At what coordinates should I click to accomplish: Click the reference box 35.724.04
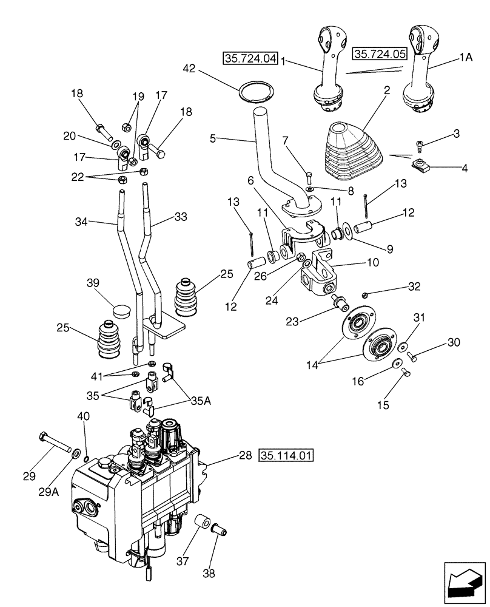click(x=250, y=59)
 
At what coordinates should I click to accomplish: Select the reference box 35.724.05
click(x=378, y=54)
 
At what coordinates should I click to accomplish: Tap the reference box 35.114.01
click(x=287, y=455)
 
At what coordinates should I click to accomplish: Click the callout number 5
click(x=212, y=138)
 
